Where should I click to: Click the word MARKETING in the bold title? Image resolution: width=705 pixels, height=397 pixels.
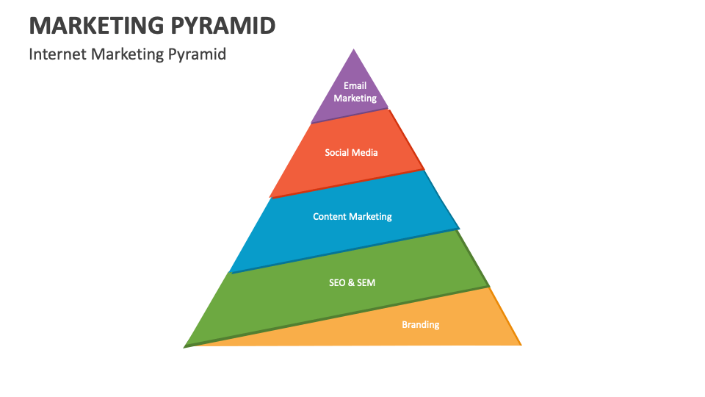tap(94, 25)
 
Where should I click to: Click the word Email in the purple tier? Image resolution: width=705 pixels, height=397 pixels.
tap(355, 86)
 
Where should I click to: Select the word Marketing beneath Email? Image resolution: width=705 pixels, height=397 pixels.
tap(355, 98)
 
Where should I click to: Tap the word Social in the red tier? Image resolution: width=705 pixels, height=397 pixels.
tap(339, 153)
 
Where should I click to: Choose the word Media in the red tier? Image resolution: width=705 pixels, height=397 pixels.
tap(366, 153)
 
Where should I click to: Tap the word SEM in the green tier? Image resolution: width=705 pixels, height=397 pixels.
tap(366, 282)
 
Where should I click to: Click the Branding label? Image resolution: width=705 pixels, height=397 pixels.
tap(421, 325)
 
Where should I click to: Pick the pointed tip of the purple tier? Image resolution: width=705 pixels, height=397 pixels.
tap(355, 50)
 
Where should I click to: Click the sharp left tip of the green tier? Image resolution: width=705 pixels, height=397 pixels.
tap(184, 346)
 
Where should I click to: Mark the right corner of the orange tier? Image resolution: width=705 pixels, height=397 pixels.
tap(520, 344)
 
